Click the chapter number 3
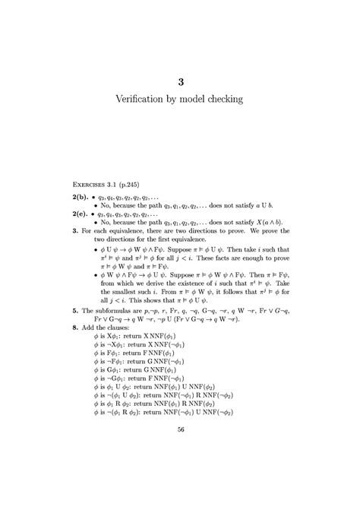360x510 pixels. point(180,81)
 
